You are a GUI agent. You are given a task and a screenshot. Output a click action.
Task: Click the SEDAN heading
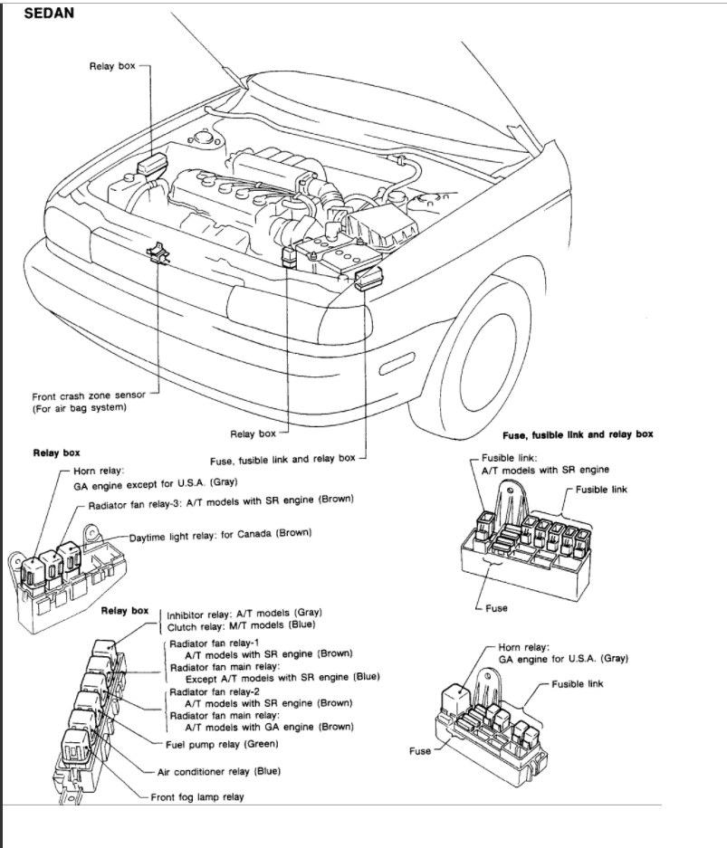pyautogui.click(x=49, y=14)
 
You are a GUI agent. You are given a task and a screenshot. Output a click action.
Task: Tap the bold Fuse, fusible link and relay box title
pyautogui.click(x=577, y=434)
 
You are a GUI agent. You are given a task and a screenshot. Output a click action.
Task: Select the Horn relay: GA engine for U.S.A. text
pyautogui.click(x=563, y=653)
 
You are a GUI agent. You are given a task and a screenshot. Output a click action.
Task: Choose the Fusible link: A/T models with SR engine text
pyautogui.click(x=544, y=463)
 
